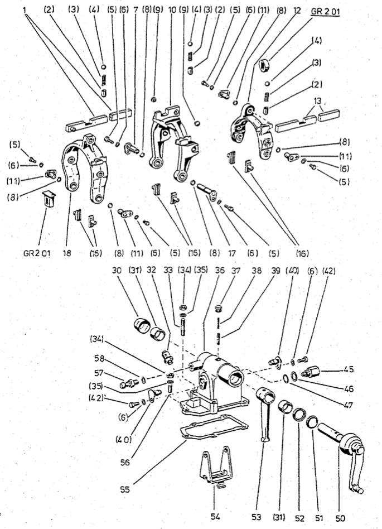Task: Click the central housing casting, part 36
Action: pyautogui.click(x=215, y=379)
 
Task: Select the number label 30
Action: pyautogui.click(x=117, y=269)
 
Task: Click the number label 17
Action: pyautogui.click(x=233, y=253)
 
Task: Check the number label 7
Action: pyautogui.click(x=135, y=10)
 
